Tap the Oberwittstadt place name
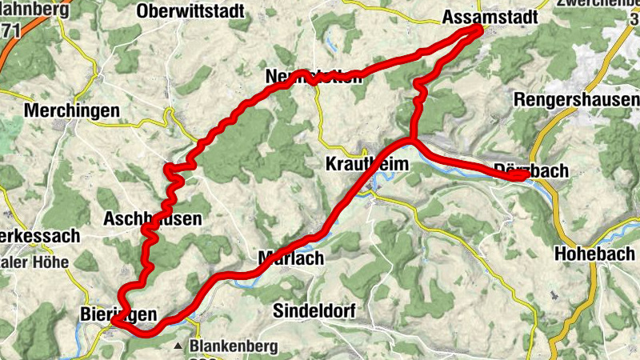coord(189,11)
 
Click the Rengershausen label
coord(576,101)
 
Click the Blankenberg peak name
coord(234,346)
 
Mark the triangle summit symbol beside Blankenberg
coord(182,347)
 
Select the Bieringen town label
coord(118,314)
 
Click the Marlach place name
coord(290,258)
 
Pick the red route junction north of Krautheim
coord(410,141)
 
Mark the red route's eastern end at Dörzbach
coord(525,177)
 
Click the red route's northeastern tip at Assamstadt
coord(478,30)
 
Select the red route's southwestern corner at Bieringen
coord(114,320)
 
